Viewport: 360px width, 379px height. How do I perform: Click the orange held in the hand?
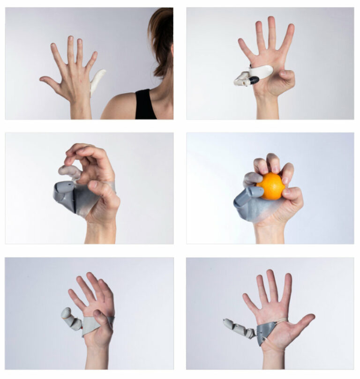(271, 186)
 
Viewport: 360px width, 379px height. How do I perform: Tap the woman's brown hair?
(161, 37)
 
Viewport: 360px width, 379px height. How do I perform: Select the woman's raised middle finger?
(70, 50)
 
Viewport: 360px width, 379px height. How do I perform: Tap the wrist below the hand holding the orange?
(270, 232)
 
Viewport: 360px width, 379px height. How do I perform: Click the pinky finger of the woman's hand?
(91, 61)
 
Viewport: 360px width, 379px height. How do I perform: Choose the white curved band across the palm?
(262, 71)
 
